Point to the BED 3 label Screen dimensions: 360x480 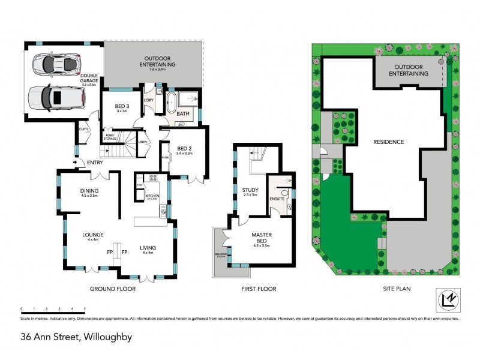[x=122, y=108]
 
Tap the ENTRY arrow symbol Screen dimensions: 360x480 [x=76, y=161]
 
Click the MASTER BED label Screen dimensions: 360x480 [x=263, y=239]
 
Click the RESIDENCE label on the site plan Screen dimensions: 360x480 [x=388, y=142]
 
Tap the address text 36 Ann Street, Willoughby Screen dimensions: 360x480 [x=76, y=337]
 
